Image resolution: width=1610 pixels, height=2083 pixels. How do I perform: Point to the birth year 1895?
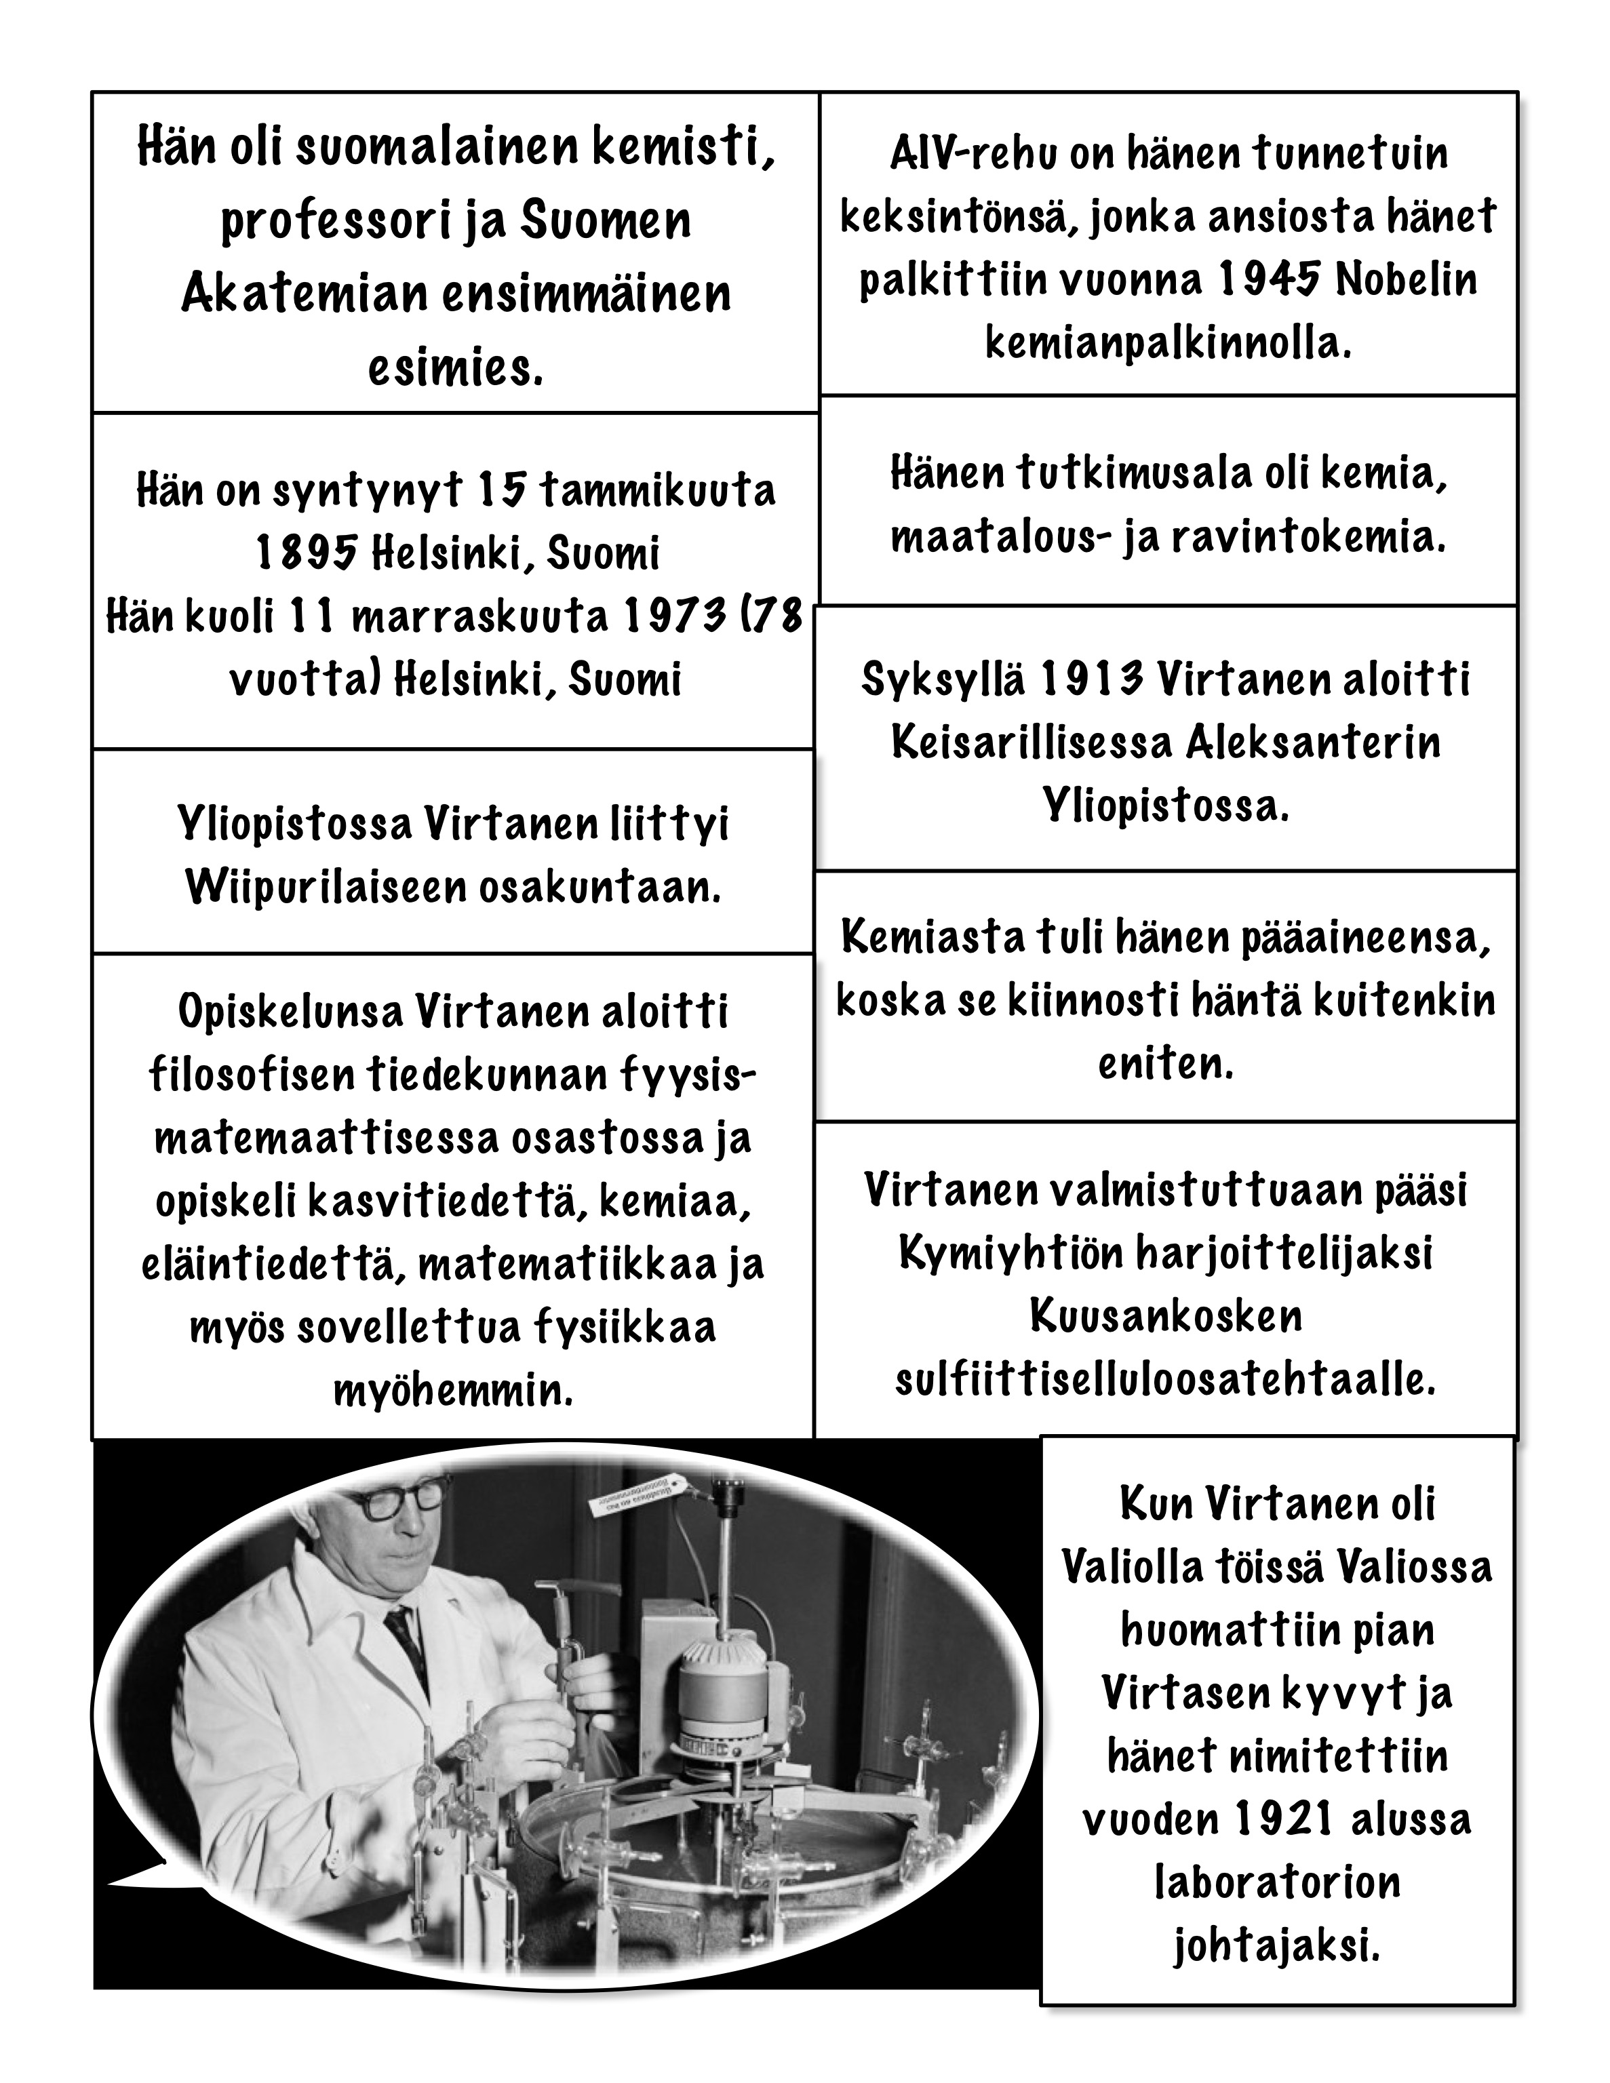click(307, 553)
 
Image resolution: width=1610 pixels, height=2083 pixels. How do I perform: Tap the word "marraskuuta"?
click(479, 617)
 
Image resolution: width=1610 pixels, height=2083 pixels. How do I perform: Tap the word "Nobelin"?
click(1407, 279)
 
